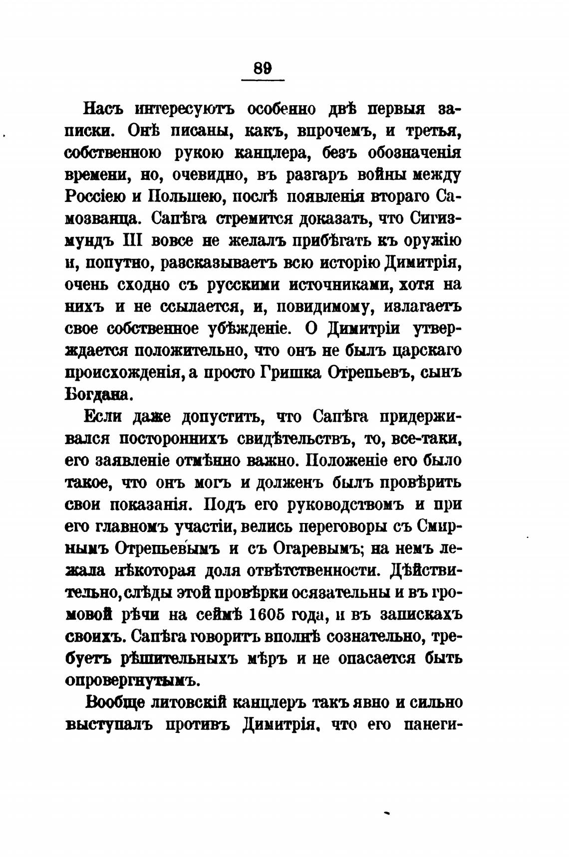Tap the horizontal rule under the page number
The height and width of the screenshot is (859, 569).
click(x=263, y=80)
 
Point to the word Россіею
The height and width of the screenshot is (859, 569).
click(x=95, y=196)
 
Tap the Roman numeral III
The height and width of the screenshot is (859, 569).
click(x=132, y=240)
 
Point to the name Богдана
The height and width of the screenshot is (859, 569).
click(x=99, y=394)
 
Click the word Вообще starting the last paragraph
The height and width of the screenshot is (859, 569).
click(x=115, y=702)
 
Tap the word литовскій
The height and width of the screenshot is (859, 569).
click(x=189, y=702)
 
